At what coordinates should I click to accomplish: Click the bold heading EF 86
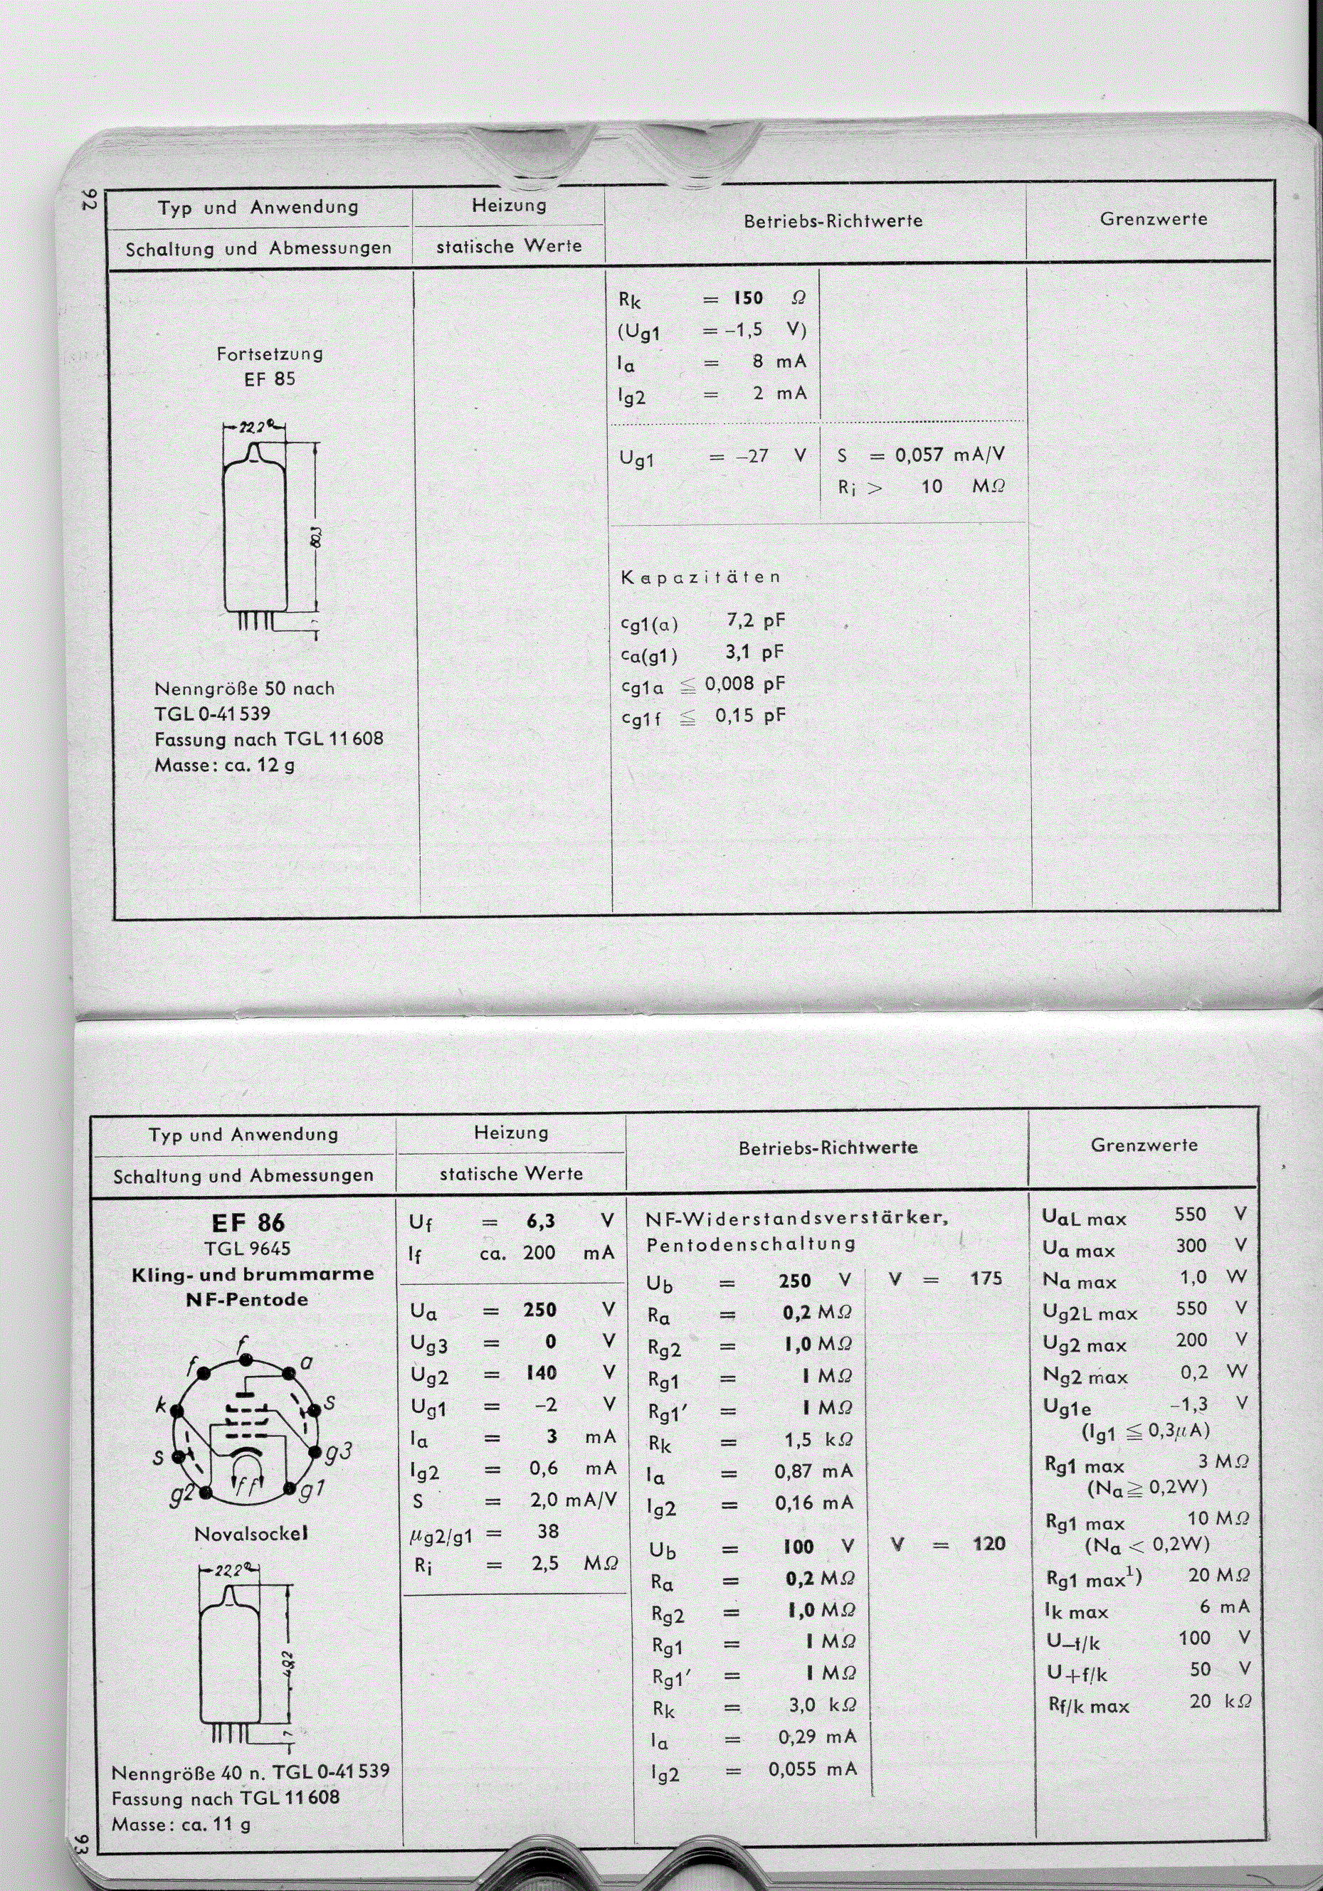coord(248,1222)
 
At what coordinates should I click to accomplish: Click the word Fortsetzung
coord(270,354)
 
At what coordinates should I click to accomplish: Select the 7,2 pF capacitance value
coord(755,620)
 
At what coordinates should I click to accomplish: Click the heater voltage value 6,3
coord(540,1222)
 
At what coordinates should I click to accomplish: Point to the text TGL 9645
coord(247,1248)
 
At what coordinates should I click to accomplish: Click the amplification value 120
coord(989,1543)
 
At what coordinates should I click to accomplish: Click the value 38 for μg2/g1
coord(548,1531)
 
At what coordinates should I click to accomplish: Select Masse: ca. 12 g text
coord(224,765)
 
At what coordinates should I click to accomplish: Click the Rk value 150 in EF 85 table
coord(749,298)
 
